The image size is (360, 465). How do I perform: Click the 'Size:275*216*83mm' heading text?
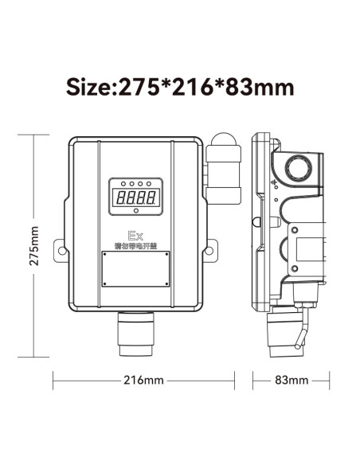point(180,86)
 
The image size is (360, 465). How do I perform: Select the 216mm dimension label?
point(144,380)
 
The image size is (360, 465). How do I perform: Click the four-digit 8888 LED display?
point(135,196)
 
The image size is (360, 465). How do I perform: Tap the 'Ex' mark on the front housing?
point(135,236)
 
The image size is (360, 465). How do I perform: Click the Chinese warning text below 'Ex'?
point(135,246)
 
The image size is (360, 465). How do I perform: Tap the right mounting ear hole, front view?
point(209,251)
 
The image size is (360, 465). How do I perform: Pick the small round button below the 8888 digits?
point(135,211)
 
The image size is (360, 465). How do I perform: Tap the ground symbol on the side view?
point(273,185)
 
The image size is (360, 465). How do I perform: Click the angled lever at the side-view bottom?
point(299,332)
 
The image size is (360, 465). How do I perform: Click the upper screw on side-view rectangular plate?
point(295,232)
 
